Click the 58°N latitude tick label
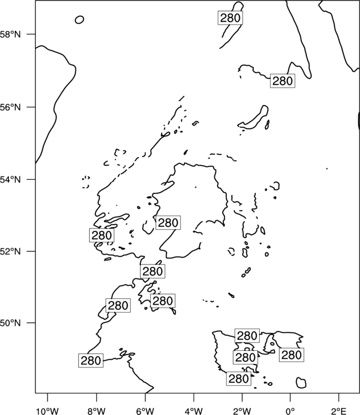pyautogui.click(x=10, y=34)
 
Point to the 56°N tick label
pyautogui.click(x=10, y=107)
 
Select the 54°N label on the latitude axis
pyautogui.click(x=10, y=179)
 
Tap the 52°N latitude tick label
pyautogui.click(x=10, y=251)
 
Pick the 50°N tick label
pyautogui.click(x=10, y=323)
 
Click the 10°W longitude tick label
pyautogui.click(x=48, y=411)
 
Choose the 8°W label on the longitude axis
pyautogui.click(x=96, y=411)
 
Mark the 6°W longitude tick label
pyautogui.click(x=145, y=411)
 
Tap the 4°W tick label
pyautogui.click(x=194, y=411)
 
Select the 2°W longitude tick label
pyautogui.click(x=242, y=411)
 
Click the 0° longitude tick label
pyautogui.click(x=290, y=411)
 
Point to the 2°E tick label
pyautogui.click(x=339, y=411)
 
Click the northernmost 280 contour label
pyautogui.click(x=230, y=18)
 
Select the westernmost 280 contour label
pyautogui.click(x=91, y=360)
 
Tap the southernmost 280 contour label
pyautogui.click(x=239, y=378)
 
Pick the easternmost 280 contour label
pyautogui.click(x=291, y=355)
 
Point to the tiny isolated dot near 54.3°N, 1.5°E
pyautogui.click(x=327, y=169)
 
